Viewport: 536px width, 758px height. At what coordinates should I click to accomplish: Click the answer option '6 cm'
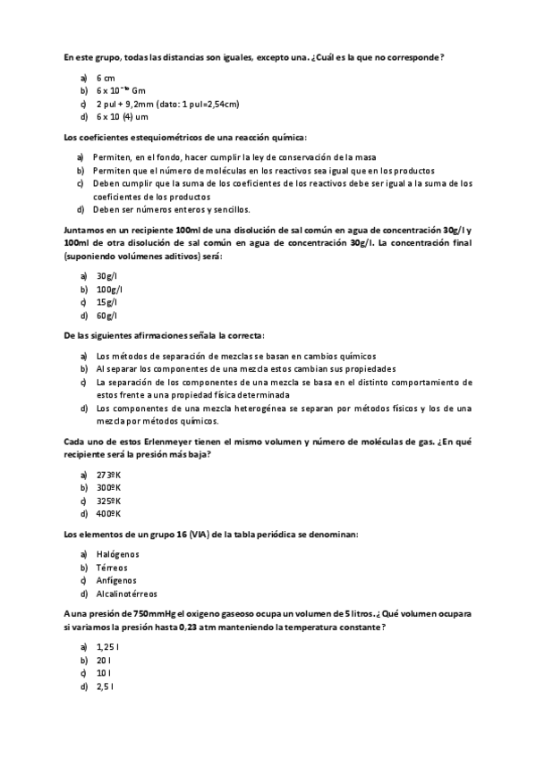106,78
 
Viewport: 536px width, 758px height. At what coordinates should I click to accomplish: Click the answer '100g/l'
110,289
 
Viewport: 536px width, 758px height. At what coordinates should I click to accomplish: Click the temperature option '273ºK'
109,475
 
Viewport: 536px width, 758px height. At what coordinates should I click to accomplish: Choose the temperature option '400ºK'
109,514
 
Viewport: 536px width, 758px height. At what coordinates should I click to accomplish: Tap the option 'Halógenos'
118,554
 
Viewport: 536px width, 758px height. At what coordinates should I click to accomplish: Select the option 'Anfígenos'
116,580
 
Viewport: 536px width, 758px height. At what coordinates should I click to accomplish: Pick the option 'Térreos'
113,568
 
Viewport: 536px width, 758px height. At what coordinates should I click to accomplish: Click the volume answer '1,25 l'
107,646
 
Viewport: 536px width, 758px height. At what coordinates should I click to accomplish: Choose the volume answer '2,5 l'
105,686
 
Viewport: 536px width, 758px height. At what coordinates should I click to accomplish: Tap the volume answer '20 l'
103,660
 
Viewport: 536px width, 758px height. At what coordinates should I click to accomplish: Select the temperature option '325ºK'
109,501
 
